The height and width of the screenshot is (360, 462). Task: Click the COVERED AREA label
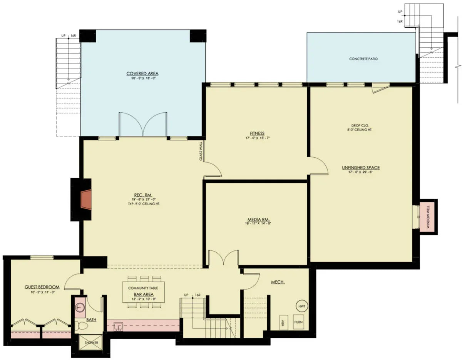click(142, 73)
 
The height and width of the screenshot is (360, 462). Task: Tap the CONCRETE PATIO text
click(363, 59)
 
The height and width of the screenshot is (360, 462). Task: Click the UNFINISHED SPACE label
click(361, 167)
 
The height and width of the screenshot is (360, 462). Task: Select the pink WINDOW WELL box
click(428, 216)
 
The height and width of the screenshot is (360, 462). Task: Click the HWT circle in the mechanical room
click(302, 306)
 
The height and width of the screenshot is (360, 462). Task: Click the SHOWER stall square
click(89, 342)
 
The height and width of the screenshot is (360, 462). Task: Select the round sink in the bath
click(80, 307)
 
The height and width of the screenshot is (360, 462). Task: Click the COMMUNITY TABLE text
click(143, 288)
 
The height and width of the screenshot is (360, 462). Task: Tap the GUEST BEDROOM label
click(42, 287)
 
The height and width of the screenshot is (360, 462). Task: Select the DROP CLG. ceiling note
click(361, 125)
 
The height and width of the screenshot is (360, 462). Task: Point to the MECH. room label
click(278, 282)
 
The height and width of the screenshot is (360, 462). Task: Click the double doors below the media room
click(224, 259)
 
